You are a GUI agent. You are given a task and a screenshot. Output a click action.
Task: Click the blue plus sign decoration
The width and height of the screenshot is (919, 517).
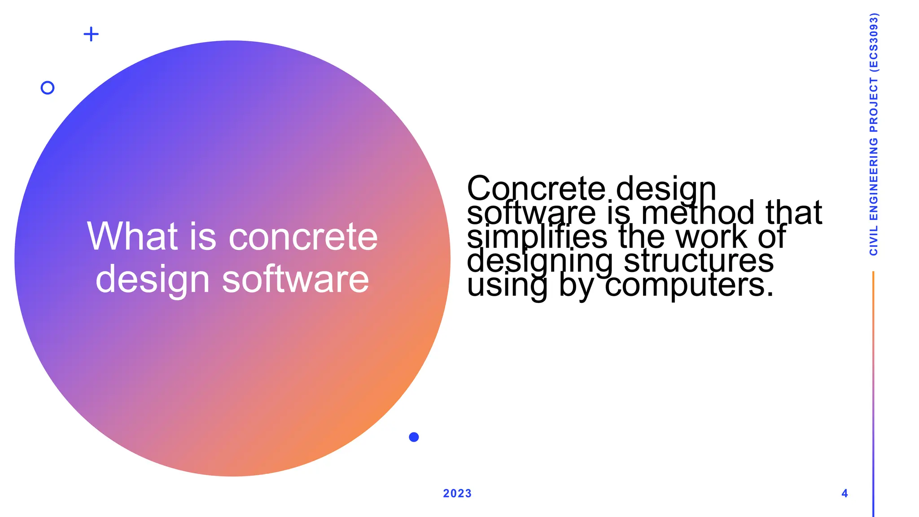tap(91, 34)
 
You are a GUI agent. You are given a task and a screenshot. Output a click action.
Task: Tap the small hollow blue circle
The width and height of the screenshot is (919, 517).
tap(48, 88)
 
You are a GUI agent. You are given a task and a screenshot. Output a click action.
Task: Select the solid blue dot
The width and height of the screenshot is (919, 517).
tap(414, 437)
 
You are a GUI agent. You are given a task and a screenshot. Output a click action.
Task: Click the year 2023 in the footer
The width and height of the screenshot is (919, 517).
tap(457, 494)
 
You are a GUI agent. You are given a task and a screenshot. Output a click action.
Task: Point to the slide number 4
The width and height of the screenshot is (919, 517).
tap(845, 494)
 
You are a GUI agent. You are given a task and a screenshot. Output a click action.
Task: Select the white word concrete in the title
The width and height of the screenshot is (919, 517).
tap(303, 237)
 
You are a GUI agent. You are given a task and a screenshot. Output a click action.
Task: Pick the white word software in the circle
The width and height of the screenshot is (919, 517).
tap(295, 279)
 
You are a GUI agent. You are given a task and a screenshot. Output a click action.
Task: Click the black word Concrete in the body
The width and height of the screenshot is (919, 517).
tap(536, 188)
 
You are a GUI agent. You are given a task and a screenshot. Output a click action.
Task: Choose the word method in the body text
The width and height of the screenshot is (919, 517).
tap(700, 213)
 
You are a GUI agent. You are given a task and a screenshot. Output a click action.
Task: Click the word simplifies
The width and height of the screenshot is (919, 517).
tap(537, 237)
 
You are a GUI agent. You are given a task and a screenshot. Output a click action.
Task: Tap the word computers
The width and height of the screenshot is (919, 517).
tap(689, 285)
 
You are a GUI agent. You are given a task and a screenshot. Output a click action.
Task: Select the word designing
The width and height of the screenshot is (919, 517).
tap(539, 262)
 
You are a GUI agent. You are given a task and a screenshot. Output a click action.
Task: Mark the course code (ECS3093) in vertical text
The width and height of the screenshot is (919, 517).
tap(874, 42)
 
